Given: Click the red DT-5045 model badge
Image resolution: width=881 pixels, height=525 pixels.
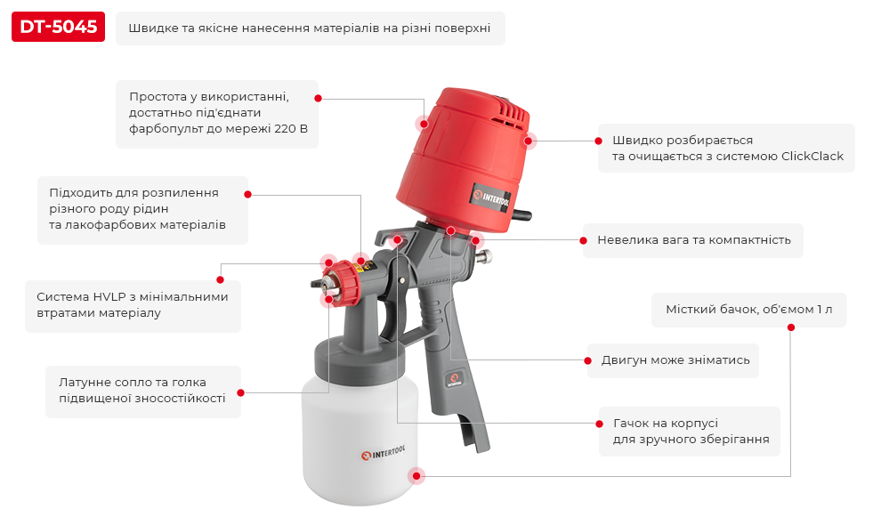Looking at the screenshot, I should point(58,28).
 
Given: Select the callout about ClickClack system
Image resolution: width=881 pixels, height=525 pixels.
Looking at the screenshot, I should point(726,149).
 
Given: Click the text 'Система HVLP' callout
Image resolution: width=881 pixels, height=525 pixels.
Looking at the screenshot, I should point(132,305).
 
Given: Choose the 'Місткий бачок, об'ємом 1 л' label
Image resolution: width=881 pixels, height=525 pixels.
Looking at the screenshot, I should point(748,310).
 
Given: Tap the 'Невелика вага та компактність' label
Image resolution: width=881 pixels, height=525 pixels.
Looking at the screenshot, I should point(693,240).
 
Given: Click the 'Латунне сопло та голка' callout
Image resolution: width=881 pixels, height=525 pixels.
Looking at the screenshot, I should point(141,391).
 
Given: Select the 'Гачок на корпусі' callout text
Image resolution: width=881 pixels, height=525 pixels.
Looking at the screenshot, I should point(690,432).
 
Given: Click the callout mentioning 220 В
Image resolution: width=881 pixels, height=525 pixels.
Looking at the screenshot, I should point(217,113).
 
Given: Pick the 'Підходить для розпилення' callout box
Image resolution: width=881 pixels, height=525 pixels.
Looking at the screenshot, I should point(142,209).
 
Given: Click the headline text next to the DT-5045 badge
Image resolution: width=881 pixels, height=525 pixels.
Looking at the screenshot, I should point(309,28).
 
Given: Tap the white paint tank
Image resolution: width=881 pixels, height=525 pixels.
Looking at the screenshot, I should point(360,445).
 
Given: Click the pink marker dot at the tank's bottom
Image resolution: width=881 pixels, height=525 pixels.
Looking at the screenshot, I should point(416,476).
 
